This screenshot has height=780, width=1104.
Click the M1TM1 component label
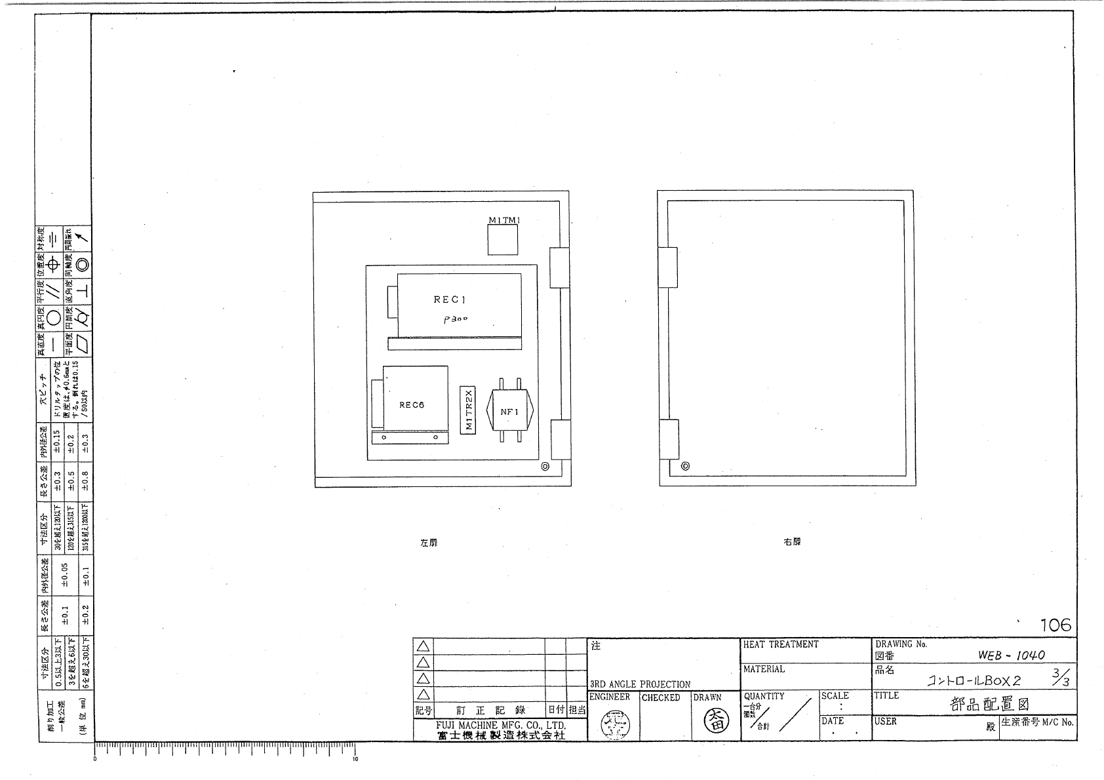click(x=503, y=220)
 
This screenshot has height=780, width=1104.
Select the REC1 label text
click(x=449, y=300)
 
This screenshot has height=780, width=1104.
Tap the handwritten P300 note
click(x=456, y=319)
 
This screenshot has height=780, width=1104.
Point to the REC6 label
click(x=412, y=404)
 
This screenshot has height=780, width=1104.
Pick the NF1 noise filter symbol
click(x=509, y=412)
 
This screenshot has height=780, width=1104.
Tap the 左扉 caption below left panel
click(x=429, y=543)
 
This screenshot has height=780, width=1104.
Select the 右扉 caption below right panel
click(x=792, y=542)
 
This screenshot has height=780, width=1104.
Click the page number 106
click(x=1055, y=625)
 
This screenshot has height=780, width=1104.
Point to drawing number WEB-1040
click(x=1012, y=655)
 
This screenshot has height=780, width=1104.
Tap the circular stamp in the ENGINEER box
click(x=614, y=724)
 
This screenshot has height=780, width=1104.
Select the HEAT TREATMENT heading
click(x=781, y=644)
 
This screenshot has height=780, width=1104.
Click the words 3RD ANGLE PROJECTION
click(x=640, y=684)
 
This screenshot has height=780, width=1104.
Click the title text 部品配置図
click(x=989, y=705)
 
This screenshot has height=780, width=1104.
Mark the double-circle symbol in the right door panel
click(x=686, y=467)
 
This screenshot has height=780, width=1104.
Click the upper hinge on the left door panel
click(x=559, y=267)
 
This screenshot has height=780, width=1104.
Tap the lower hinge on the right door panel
click(x=668, y=439)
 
